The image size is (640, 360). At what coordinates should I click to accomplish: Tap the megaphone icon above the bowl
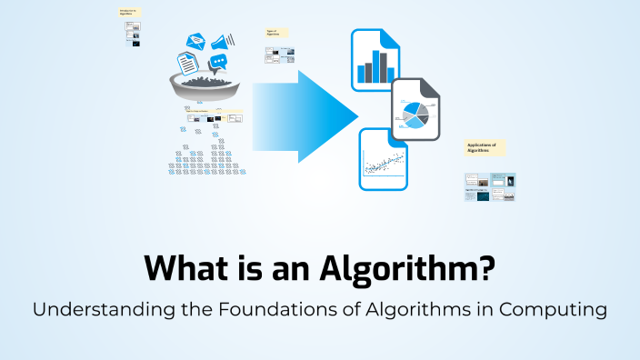click(x=222, y=42)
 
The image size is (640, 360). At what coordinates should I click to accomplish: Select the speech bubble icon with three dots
click(x=217, y=63)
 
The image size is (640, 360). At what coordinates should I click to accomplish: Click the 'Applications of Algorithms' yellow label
click(x=485, y=148)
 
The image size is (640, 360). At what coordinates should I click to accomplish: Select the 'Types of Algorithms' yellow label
click(x=276, y=33)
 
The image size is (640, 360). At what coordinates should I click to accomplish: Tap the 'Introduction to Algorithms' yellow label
click(x=131, y=13)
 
